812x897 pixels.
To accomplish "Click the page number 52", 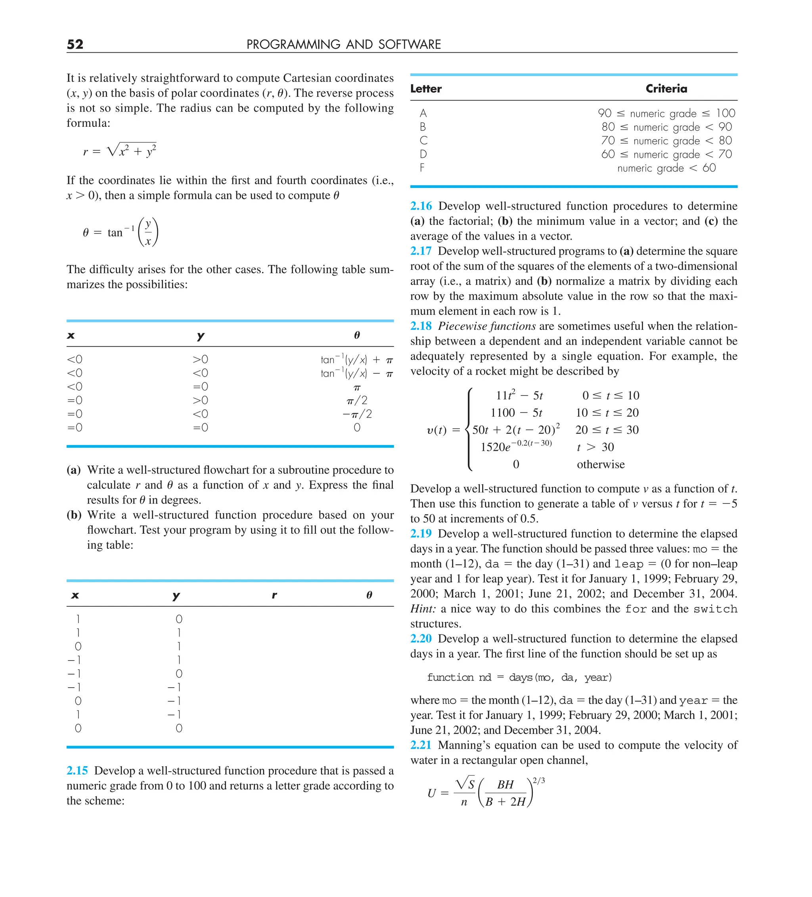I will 75,44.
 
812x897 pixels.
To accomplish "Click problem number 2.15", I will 77,770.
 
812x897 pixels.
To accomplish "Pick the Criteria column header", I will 666,89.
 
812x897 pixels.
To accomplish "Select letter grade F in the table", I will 422,168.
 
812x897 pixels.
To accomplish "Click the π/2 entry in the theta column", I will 357,401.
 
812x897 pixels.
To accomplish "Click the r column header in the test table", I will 274,595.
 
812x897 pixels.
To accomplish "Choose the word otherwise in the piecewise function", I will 600,464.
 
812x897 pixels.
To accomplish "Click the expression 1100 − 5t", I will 516,413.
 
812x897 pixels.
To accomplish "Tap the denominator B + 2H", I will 506,802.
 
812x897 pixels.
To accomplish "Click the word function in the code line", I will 450,677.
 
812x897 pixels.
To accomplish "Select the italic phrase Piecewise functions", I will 486,326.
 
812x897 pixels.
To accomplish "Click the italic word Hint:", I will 423,609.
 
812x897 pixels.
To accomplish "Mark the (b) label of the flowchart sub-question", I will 74,515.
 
